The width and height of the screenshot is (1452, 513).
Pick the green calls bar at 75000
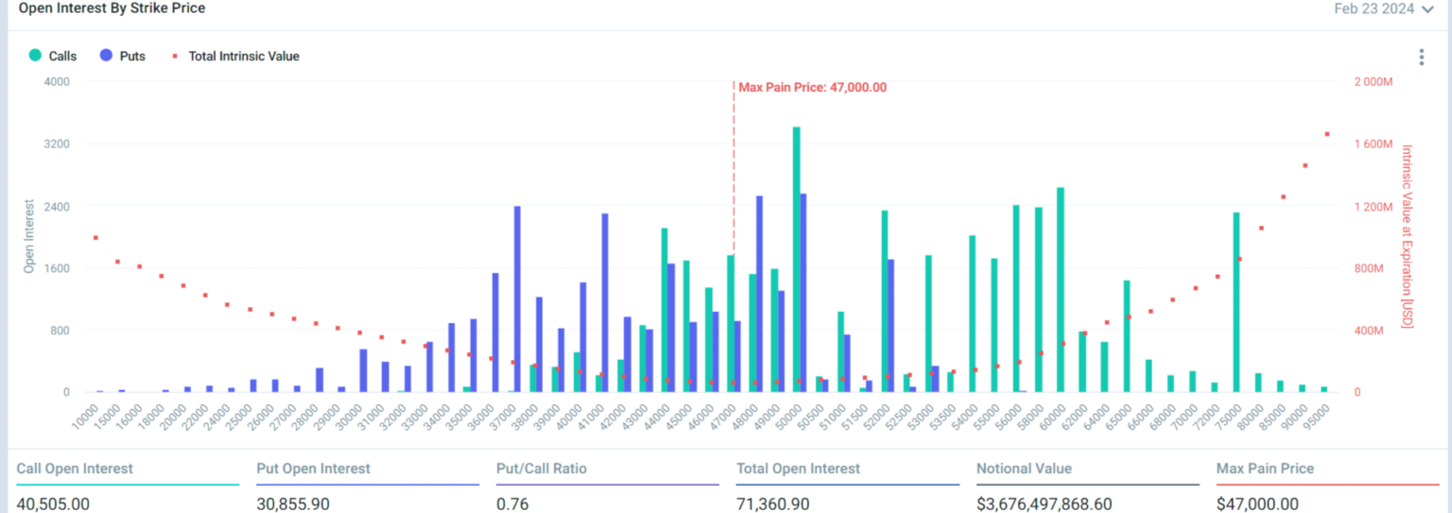click(x=1236, y=302)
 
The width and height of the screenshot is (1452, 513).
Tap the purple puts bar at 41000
click(x=605, y=302)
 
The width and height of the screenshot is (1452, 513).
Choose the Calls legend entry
click(x=53, y=56)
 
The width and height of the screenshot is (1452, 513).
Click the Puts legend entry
click(x=122, y=56)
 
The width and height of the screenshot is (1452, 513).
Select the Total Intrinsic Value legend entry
click(x=235, y=56)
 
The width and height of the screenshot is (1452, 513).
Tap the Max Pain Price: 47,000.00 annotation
click(x=812, y=88)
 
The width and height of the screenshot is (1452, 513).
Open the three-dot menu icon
click(x=1421, y=58)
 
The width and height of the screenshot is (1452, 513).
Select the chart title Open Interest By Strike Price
click(x=112, y=9)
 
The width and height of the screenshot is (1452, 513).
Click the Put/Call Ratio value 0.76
click(x=511, y=504)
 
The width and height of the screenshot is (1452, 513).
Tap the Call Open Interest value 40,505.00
click(x=53, y=504)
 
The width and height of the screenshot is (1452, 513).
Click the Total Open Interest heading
click(x=798, y=469)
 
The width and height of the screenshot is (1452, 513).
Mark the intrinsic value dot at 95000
click(x=1326, y=134)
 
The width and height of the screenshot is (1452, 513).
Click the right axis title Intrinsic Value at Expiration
click(x=1407, y=236)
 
